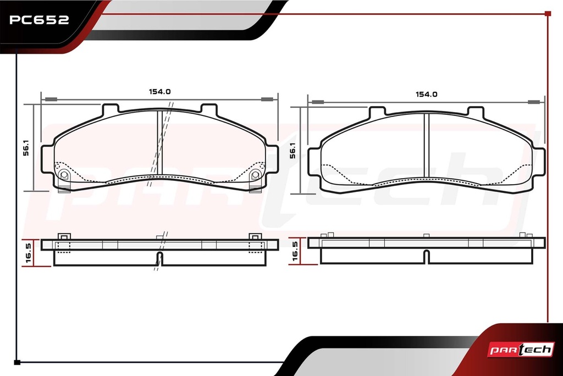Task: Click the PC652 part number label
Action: [x=39, y=20]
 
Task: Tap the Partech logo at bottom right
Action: [x=521, y=350]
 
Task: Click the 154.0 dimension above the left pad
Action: [x=160, y=92]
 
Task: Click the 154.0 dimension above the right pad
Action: [x=426, y=95]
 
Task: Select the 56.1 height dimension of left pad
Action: [x=26, y=148]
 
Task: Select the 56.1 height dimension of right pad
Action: [x=292, y=151]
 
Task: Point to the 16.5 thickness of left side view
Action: [x=29, y=253]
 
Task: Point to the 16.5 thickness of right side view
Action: [x=295, y=251]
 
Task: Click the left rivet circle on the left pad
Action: [x=64, y=175]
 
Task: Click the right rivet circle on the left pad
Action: [x=255, y=175]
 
